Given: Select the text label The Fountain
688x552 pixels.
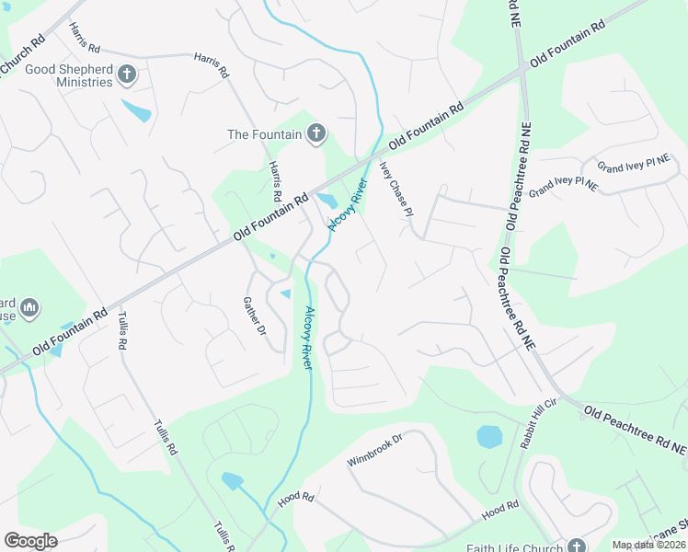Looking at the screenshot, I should (x=265, y=134).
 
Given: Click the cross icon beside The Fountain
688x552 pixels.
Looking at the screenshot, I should (x=315, y=134).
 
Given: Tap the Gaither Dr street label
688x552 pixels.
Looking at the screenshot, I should (x=254, y=316).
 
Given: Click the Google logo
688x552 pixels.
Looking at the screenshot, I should (x=30, y=541).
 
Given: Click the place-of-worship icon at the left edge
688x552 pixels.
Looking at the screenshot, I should (x=28, y=307).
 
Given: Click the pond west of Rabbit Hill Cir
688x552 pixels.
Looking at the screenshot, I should (x=489, y=436).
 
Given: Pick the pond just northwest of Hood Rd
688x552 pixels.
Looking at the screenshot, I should (x=233, y=480).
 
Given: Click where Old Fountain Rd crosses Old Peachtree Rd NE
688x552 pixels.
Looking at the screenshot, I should (x=522, y=68).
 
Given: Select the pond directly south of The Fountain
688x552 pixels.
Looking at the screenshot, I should (x=327, y=200).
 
